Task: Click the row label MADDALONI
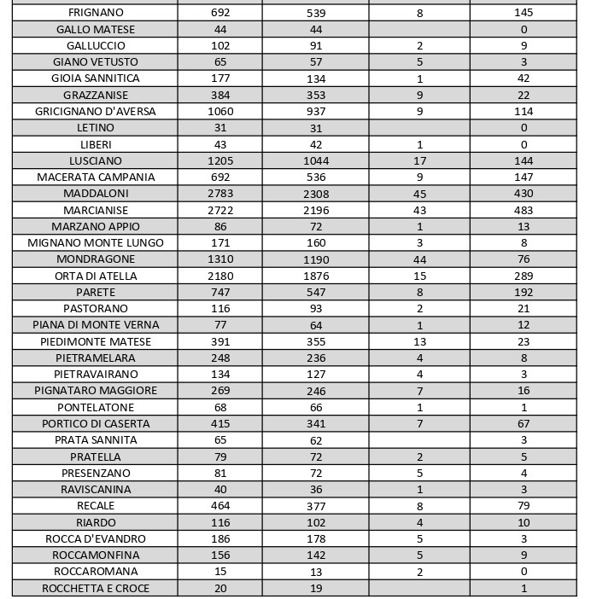click(x=96, y=194)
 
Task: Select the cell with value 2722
click(x=219, y=210)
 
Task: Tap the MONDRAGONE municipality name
click(x=96, y=259)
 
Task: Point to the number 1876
click(x=315, y=276)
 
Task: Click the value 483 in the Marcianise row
click(x=524, y=210)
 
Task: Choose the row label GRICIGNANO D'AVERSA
click(x=96, y=111)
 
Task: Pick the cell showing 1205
click(x=219, y=160)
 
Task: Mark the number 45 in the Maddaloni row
click(x=419, y=194)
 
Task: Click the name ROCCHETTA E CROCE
click(x=96, y=588)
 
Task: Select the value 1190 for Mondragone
click(x=315, y=259)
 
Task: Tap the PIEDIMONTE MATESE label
click(x=96, y=341)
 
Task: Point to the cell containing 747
click(x=219, y=292)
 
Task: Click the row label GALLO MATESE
click(x=96, y=29)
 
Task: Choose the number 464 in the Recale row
click(x=219, y=506)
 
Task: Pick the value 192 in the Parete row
click(x=524, y=292)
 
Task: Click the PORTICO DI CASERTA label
click(x=96, y=423)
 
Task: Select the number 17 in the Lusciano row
click(x=419, y=160)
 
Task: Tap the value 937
click(x=315, y=111)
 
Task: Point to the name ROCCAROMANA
click(x=96, y=572)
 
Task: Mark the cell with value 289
click(x=524, y=276)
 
